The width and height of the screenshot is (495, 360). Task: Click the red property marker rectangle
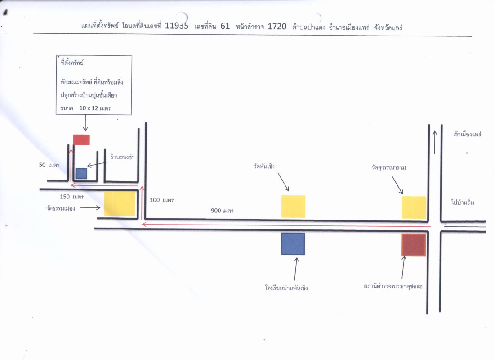pos(81,139)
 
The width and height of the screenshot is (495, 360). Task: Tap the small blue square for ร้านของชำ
pos(81,173)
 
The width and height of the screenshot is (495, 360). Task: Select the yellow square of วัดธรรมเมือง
pos(120,204)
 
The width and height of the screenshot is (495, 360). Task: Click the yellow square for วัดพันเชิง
pos(293,207)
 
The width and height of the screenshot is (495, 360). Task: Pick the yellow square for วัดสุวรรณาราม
pos(414,207)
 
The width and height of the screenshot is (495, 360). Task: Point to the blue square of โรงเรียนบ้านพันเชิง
pos(293,243)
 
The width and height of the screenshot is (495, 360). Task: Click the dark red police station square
pos(413,245)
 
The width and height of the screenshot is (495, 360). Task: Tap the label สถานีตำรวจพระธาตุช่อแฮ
pos(395,286)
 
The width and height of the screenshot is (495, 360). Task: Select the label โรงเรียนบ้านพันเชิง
pos(286,288)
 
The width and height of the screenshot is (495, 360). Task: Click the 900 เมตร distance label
pos(222,211)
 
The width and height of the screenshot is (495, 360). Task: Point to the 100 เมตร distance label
pos(162,200)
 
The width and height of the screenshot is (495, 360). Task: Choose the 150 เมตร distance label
pos(71,197)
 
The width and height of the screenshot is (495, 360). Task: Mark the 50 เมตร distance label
pos(49,165)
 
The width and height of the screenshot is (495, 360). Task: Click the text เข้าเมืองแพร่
pos(467,134)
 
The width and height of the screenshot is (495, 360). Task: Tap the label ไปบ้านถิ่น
pos(463,202)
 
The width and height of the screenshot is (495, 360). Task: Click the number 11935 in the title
pos(176,26)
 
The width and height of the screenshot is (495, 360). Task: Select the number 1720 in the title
pos(277,26)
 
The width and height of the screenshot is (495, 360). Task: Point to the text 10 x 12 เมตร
pos(95,108)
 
